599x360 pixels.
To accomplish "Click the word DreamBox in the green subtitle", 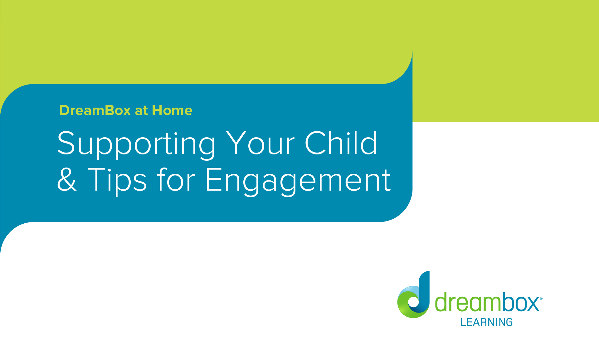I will [95, 110].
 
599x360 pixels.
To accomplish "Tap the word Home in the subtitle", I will [172, 110].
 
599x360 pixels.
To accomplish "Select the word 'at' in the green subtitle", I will [141, 111].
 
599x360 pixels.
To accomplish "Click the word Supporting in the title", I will [136, 144].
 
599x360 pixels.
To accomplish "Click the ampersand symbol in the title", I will [67, 180].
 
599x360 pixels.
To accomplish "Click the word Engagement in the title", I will [298, 180].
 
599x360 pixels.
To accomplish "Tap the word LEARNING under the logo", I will [486, 322].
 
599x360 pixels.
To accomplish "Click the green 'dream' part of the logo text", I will [468, 302].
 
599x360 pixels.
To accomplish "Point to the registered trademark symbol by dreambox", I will [541, 299].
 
